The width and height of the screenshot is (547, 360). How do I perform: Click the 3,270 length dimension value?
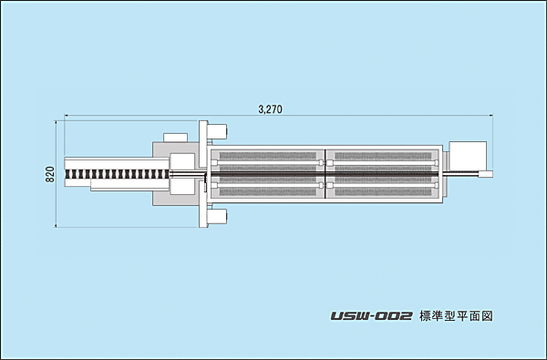click(271, 109)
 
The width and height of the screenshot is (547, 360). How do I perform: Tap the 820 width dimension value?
click(50, 174)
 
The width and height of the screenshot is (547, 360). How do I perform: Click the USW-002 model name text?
click(372, 316)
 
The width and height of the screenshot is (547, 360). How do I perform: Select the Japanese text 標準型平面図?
click(456, 316)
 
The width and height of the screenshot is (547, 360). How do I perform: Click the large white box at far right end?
click(468, 157)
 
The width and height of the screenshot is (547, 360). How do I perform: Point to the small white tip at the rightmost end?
click(486, 173)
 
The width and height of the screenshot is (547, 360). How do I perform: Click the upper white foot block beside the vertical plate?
click(217, 131)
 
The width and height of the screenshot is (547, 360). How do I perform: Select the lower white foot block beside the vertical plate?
click(217, 217)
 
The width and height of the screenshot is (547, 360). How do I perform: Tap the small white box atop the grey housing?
click(176, 138)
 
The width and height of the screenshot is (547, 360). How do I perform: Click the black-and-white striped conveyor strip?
click(117, 174)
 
